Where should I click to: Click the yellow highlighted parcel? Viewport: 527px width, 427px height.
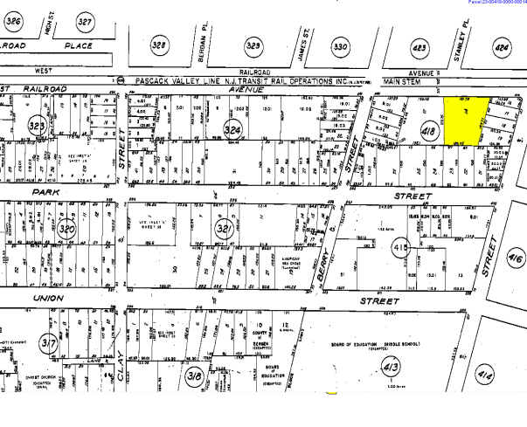(x=464, y=121)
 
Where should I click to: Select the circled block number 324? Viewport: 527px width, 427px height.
(x=232, y=132)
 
